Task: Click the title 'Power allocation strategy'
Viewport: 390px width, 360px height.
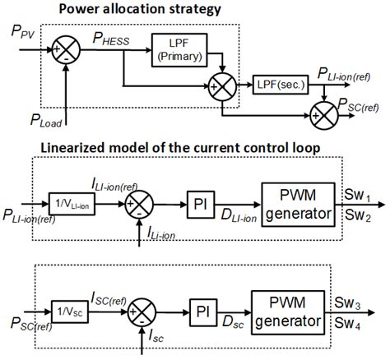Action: pyautogui.click(x=124, y=9)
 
